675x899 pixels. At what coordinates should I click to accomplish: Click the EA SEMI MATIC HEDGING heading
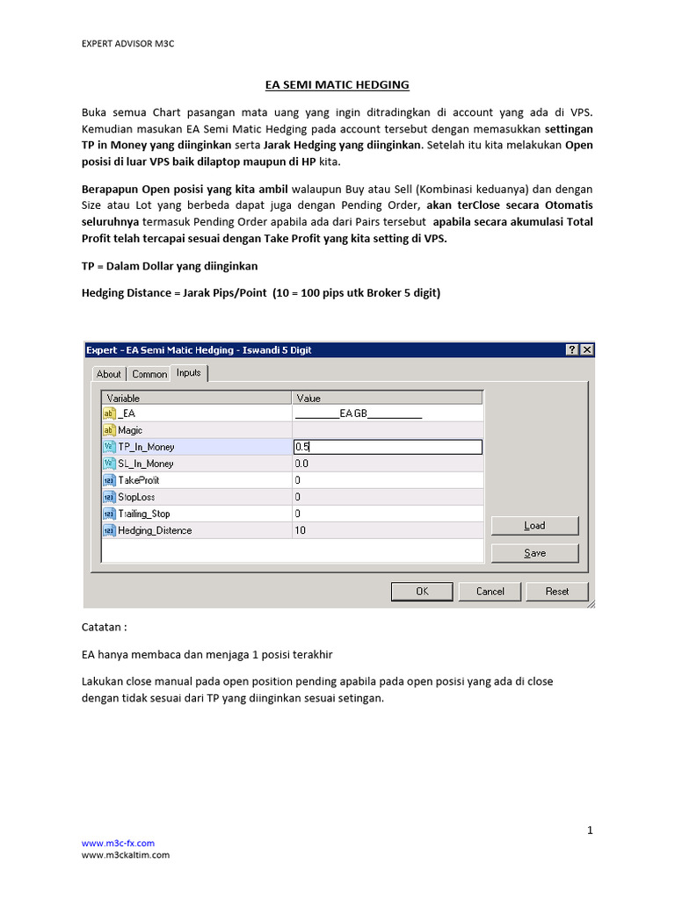tap(337, 85)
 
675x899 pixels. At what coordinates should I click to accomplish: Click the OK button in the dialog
tap(422, 592)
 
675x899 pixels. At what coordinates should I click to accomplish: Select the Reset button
tap(557, 592)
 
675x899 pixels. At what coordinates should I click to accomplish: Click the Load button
tap(534, 526)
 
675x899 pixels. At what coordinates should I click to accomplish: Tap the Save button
tap(534, 553)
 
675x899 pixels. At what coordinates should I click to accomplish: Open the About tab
tap(109, 374)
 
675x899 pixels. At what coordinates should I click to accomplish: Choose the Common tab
tap(149, 374)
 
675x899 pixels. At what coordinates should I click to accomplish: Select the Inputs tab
tap(189, 373)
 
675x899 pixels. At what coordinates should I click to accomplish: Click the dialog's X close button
tap(587, 349)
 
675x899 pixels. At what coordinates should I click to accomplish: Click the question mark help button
tap(572, 349)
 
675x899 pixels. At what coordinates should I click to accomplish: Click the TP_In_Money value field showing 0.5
tap(387, 447)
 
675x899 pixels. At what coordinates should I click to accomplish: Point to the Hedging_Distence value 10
tap(301, 530)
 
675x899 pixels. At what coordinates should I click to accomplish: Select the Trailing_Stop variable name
tap(143, 514)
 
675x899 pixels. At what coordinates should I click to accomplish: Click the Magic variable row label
tap(130, 430)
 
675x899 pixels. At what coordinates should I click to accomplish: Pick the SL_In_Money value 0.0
tap(302, 464)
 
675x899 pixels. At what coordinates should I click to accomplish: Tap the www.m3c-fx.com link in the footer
tap(112, 844)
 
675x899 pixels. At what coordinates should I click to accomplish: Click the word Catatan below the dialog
tap(104, 629)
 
